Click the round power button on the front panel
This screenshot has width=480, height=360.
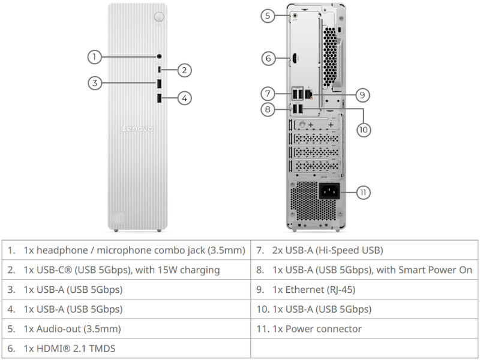pyautogui.click(x=159, y=17)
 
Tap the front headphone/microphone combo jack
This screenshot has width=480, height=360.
pyautogui.click(x=159, y=56)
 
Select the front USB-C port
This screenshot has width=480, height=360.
pyautogui.click(x=159, y=70)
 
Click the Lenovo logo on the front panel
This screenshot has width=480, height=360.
pyautogui.click(x=137, y=128)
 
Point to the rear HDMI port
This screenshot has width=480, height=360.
pyautogui.click(x=295, y=58)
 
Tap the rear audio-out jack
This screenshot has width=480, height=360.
pyautogui.click(x=295, y=15)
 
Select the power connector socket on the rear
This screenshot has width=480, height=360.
pyautogui.click(x=329, y=191)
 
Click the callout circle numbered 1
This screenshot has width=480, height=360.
pyautogui.click(x=95, y=56)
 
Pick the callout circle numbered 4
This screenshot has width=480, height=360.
pyautogui.click(x=185, y=98)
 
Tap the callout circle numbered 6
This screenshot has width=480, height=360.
pyautogui.click(x=268, y=58)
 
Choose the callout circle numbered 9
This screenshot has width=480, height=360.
pyautogui.click(x=362, y=95)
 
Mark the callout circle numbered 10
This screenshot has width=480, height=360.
pyautogui.click(x=364, y=130)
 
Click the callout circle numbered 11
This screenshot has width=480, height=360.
pyautogui.click(x=363, y=192)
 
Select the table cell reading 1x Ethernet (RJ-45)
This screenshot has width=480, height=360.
pyautogui.click(x=364, y=289)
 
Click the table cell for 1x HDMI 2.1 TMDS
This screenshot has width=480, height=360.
pyautogui.click(x=126, y=349)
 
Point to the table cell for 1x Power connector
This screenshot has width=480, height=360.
pyautogui.click(x=364, y=329)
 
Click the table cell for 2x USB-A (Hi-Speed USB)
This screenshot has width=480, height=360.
pyautogui.click(x=364, y=250)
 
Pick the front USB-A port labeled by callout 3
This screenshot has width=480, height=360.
pyautogui.click(x=159, y=83)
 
